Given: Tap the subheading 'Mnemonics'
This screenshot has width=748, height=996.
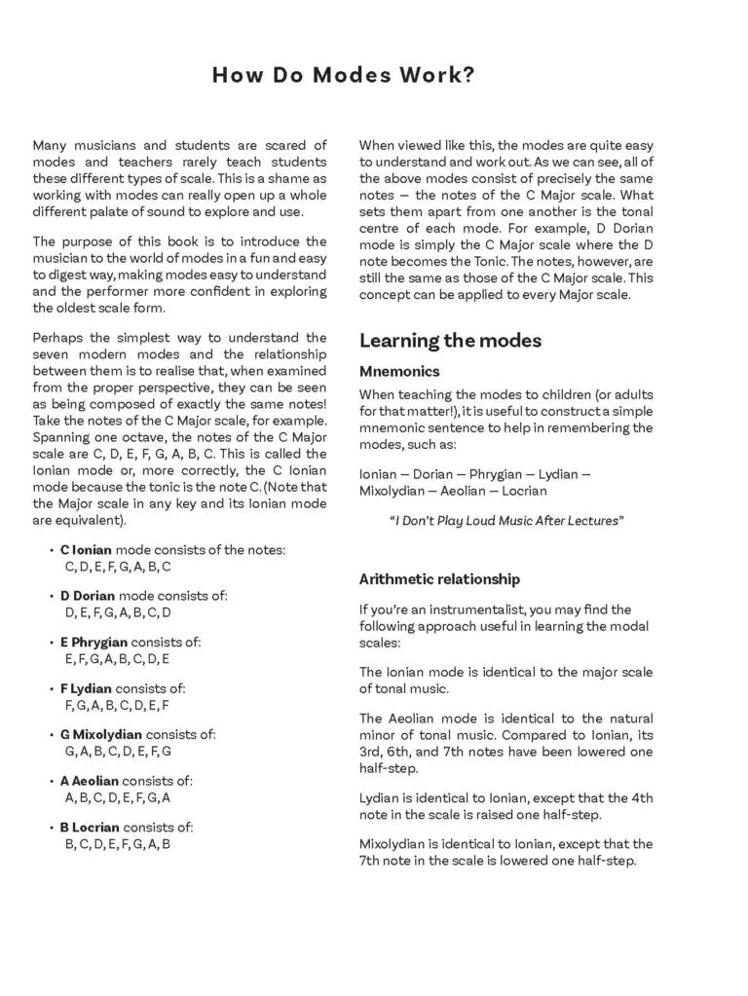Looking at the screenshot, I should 399,371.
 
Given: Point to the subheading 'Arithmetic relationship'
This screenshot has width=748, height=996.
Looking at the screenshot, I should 439,579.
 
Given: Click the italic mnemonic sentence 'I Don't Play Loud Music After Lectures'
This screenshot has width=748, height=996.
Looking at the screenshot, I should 505,521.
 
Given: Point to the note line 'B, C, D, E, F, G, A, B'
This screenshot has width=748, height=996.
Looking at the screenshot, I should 118,844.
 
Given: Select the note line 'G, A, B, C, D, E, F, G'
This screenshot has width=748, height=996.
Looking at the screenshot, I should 118,752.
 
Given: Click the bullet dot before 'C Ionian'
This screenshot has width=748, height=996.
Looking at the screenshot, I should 52,551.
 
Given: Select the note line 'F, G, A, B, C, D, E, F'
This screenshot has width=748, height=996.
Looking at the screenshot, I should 117,706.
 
